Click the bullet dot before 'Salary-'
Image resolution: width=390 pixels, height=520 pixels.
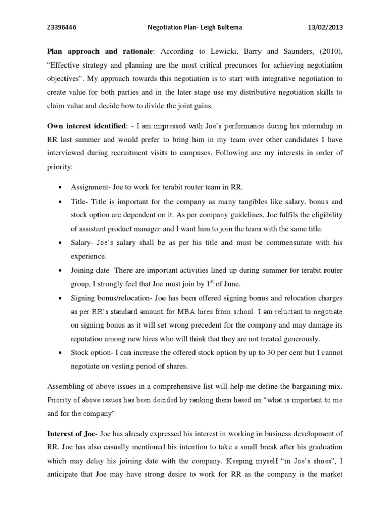pos(61,243)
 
